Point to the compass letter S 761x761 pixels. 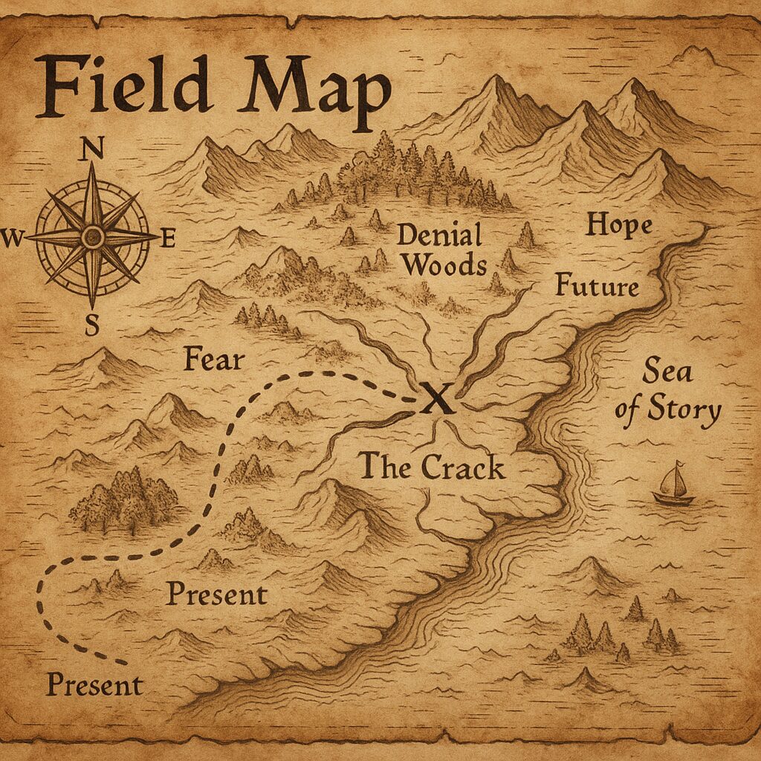pos(92,326)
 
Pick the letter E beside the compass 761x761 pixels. pos(168,239)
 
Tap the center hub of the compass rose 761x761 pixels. pos(92,238)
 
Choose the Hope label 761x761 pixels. pos(618,224)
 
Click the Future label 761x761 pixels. pos(597,285)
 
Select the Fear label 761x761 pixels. pos(214,360)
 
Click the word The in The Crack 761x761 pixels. pos(386,466)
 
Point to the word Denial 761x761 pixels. pos(439,236)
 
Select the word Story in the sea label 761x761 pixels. pos(684,410)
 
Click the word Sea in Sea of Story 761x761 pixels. pos(662,369)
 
